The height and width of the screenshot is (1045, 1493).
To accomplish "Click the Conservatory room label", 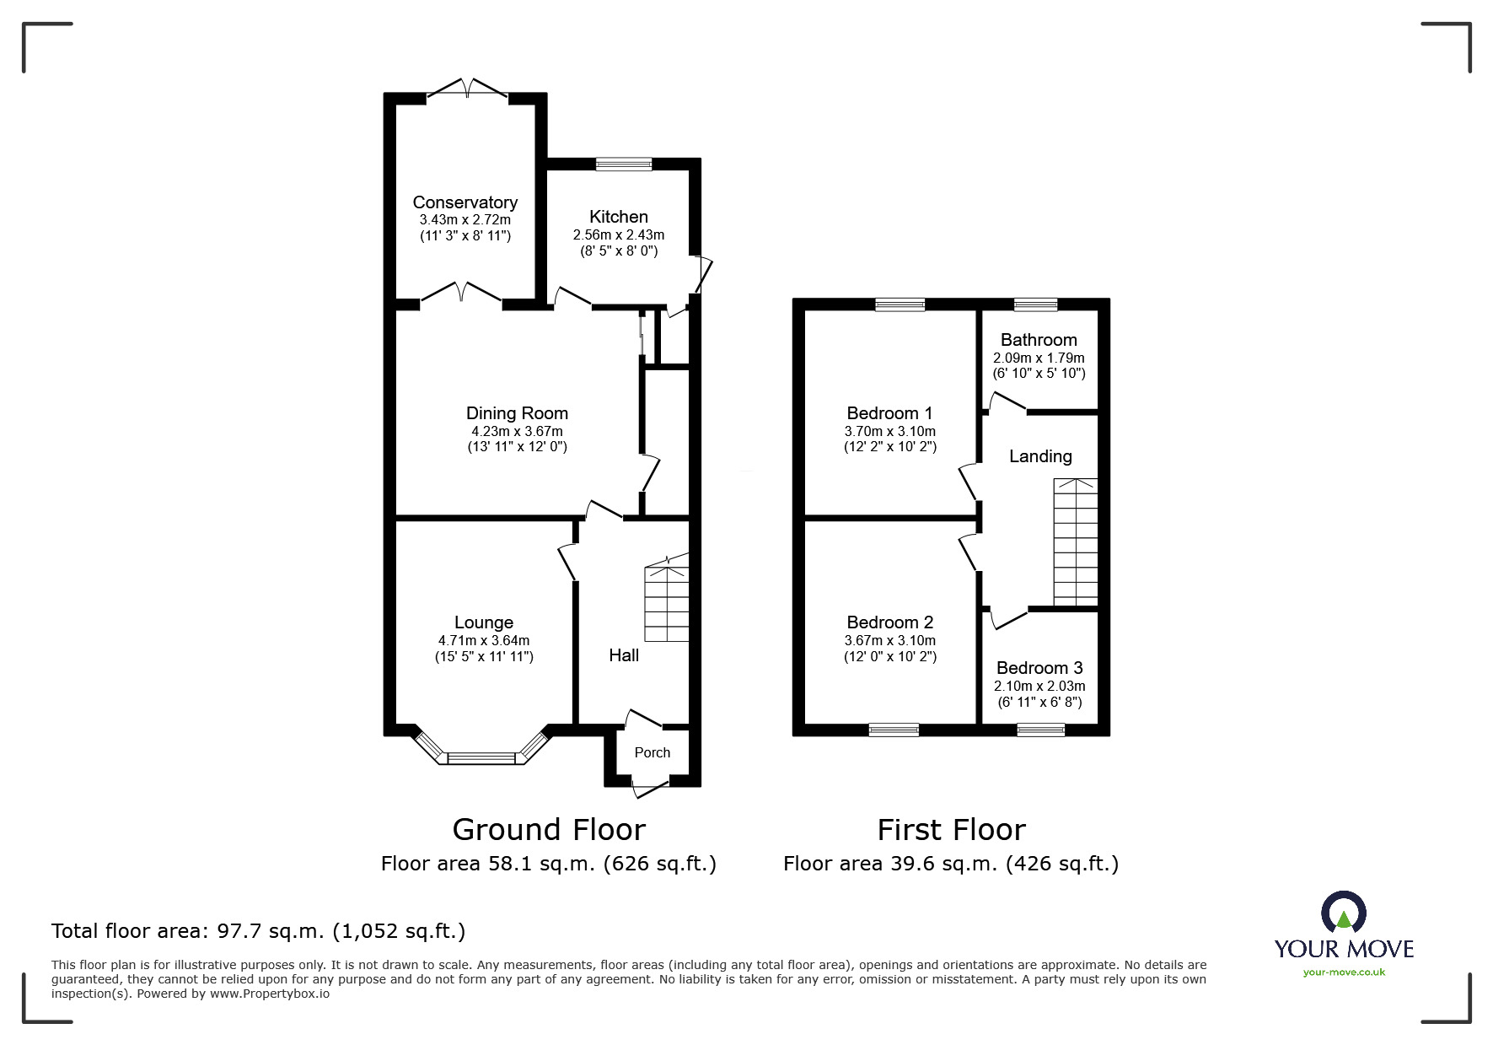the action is tap(465, 202).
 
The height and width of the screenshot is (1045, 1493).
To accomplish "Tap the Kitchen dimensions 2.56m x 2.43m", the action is tap(619, 234).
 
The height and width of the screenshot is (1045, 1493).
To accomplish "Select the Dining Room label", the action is tap(517, 413).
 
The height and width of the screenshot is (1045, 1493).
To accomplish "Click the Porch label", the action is tap(653, 752).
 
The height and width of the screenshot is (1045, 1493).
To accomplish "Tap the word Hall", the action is tap(624, 655).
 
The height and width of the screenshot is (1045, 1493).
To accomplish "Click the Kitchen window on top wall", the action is tap(624, 164).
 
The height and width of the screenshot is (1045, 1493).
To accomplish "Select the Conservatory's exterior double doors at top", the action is tap(467, 89).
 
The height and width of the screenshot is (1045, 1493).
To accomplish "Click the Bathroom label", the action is tap(1039, 340).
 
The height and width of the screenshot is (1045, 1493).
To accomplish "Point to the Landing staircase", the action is tap(1076, 541).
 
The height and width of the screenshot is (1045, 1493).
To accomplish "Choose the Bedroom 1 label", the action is tap(889, 413).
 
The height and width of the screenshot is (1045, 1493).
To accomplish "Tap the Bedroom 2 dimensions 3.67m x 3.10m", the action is tap(890, 641).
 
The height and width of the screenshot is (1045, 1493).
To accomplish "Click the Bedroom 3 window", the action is tap(1040, 730).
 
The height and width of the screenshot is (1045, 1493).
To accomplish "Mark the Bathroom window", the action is tap(1035, 304).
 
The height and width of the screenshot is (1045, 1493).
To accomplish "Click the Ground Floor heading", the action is tap(549, 830).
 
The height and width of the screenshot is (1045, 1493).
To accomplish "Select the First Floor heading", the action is tap(951, 830).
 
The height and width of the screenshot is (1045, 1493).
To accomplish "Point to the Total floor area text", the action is tap(258, 931).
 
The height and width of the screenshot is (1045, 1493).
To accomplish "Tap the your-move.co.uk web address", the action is tap(1344, 972).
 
